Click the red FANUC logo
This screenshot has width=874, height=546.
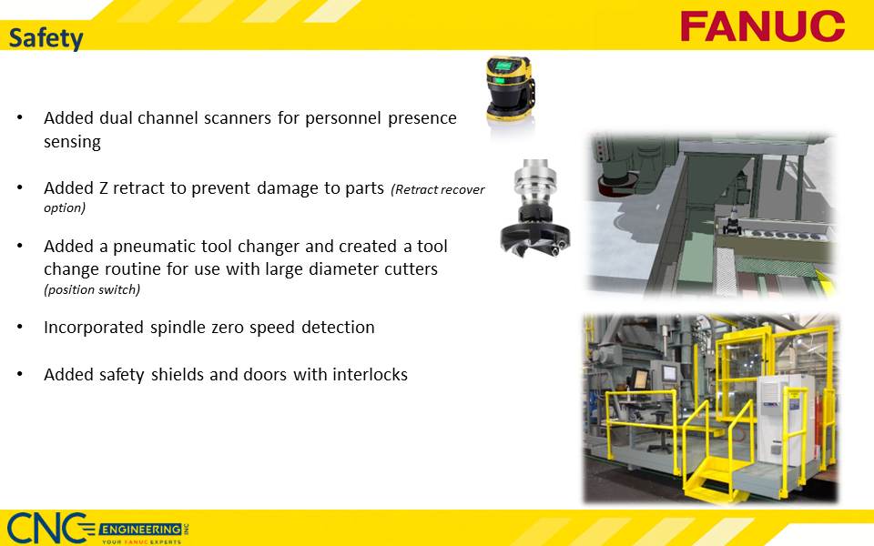click(762, 25)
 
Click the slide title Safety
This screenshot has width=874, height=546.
click(46, 38)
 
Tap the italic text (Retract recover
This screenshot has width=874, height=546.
click(437, 190)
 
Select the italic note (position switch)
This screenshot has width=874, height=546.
click(92, 290)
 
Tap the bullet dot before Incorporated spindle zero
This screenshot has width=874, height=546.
click(20, 328)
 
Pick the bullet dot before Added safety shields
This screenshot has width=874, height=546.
click(20, 374)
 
